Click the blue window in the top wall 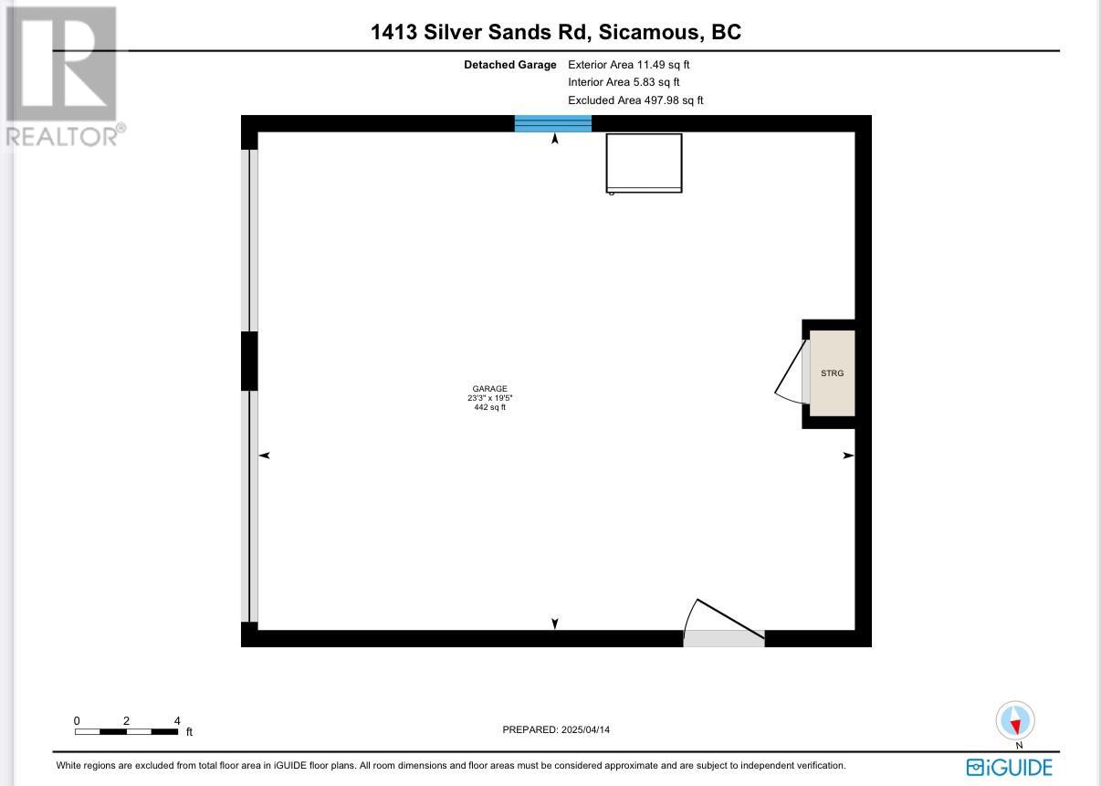(x=553, y=123)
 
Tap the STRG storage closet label (x=832, y=373)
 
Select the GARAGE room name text (x=489, y=388)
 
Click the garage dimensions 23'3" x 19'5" (x=489, y=398)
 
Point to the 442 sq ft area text (x=489, y=407)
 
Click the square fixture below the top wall (x=644, y=163)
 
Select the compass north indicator (x=1015, y=720)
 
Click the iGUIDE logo (x=1010, y=768)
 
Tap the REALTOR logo (x=62, y=76)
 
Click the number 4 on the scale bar (x=177, y=720)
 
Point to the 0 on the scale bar (x=77, y=720)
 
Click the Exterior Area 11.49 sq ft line (x=629, y=65)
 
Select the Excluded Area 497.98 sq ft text (x=635, y=100)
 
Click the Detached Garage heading (x=510, y=65)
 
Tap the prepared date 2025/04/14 (x=585, y=730)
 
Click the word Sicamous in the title (x=649, y=32)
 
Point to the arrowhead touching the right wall (x=849, y=456)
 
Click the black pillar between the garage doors (x=249, y=362)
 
